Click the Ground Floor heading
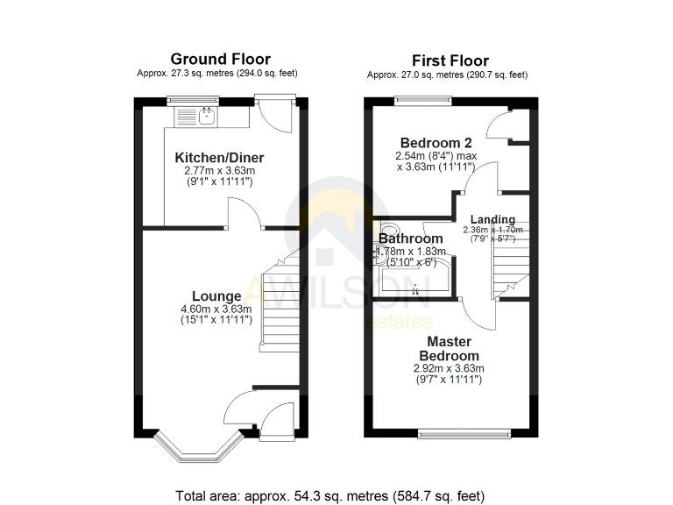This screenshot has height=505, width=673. [220, 59]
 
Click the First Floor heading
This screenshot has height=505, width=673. [450, 60]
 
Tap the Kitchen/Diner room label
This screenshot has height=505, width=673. [220, 158]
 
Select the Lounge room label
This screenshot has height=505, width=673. [216, 296]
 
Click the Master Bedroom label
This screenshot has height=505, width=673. [449, 349]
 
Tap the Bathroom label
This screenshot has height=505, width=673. [411, 238]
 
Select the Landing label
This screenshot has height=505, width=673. [492, 219]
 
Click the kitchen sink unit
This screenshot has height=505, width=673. [198, 117]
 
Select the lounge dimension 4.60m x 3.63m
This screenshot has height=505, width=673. [216, 309]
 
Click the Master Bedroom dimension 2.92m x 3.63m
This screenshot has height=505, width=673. [449, 368]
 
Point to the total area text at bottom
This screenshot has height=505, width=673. [330, 495]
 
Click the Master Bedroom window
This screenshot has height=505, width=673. [464, 432]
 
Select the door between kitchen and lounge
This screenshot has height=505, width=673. [243, 214]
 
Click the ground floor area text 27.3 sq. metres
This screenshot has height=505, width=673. [220, 74]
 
